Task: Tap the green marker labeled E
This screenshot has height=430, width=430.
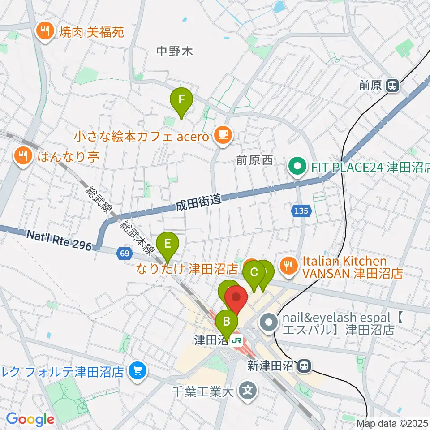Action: pos(168,244)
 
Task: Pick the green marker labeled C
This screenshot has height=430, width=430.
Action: pos(254,272)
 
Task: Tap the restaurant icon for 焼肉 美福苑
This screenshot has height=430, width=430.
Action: pos(45,31)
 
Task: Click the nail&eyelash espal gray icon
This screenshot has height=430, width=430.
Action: pos(269,323)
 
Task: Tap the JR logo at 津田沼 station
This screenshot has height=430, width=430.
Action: pos(236,340)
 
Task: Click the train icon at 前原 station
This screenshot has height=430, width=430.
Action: pos(393,86)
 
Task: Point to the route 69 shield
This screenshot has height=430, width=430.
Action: pos(125,254)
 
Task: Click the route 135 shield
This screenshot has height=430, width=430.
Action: pos(301,211)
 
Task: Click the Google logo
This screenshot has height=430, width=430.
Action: pos(30,420)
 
